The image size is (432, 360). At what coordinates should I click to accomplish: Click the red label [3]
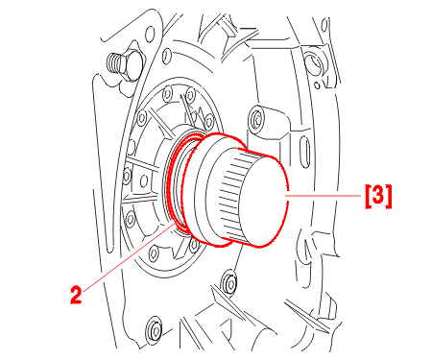[x=378, y=196]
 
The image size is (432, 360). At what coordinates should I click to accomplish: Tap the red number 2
[x=76, y=295]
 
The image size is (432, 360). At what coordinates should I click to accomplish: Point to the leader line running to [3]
[x=324, y=196]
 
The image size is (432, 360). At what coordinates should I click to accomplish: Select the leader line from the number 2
[x=129, y=258]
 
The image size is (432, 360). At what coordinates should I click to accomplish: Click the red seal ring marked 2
[x=176, y=181]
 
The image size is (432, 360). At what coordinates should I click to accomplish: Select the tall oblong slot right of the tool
[x=305, y=152]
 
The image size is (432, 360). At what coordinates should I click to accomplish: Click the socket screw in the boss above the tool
[x=256, y=118]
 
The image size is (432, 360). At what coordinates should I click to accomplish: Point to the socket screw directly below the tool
[x=230, y=281]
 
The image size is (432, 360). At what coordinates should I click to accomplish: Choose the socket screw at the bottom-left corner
[x=155, y=329]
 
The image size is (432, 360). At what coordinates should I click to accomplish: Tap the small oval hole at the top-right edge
[x=324, y=25]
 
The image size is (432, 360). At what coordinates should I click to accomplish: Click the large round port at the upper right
[x=313, y=62]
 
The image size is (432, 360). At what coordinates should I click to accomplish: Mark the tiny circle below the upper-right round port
[x=317, y=85]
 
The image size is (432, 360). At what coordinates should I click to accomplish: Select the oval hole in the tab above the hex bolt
[x=150, y=34]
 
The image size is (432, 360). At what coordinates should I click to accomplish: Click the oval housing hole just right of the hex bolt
[x=166, y=56]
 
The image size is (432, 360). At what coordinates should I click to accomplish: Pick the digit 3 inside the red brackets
[x=378, y=195]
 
